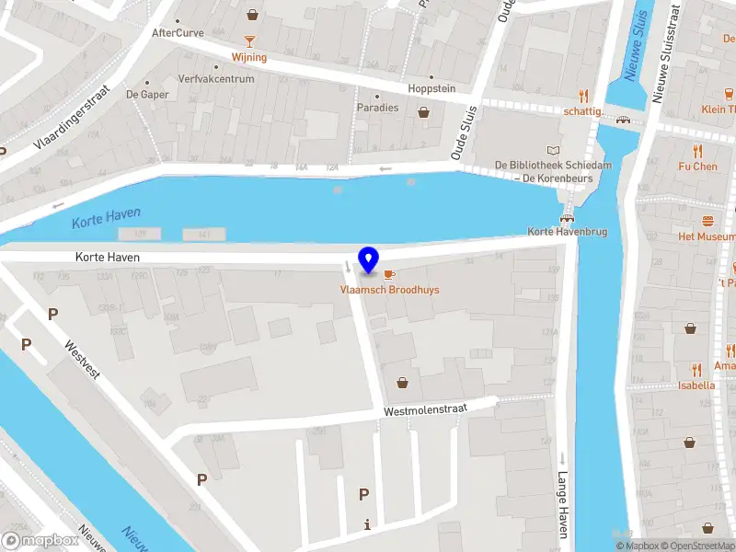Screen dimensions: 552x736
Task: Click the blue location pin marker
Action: [x=369, y=260]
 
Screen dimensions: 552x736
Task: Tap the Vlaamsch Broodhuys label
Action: [x=389, y=290]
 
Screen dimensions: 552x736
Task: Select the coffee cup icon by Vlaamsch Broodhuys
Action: [x=389, y=275]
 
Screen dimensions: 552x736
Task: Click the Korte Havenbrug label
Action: [x=568, y=232]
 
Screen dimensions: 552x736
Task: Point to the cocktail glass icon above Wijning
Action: [x=249, y=41]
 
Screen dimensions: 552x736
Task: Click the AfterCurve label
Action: [x=177, y=32]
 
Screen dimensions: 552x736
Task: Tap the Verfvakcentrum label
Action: [x=216, y=79]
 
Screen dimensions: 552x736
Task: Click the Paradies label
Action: [x=378, y=108]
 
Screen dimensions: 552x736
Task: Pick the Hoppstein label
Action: [x=431, y=89]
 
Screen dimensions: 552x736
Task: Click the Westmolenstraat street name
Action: [x=426, y=408]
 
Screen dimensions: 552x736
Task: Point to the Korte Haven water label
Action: [x=106, y=216]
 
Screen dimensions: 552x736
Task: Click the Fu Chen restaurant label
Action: [x=697, y=167]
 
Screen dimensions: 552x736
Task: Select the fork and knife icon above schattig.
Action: [x=583, y=96]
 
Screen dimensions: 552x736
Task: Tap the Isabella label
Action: [x=696, y=385]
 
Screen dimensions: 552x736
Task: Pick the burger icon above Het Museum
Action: [x=707, y=221]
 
